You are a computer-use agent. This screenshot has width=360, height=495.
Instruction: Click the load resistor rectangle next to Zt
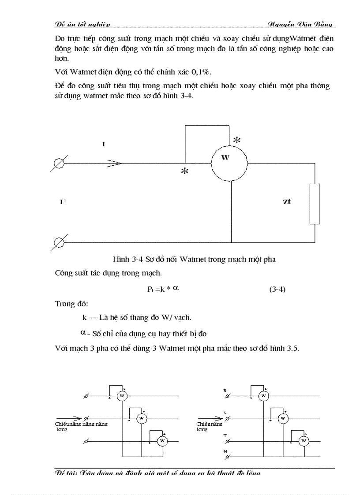pos(315,204)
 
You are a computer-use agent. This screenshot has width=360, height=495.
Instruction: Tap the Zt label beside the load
pos(286,201)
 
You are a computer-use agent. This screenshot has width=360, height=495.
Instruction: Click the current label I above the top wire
pos(103,144)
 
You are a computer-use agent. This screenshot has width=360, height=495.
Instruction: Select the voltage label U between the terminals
pos(63,201)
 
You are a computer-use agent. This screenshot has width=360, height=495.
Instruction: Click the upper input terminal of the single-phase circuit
pos(59,163)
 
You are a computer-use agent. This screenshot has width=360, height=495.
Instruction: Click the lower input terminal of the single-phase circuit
pos(59,242)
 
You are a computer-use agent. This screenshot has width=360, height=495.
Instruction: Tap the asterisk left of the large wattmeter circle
pos(184,172)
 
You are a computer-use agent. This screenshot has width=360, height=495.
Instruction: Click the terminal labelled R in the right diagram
pos(227,396)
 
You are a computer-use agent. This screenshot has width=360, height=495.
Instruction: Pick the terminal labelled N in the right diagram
pos(227,457)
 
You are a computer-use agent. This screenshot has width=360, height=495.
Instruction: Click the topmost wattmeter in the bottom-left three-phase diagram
pos(122,396)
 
